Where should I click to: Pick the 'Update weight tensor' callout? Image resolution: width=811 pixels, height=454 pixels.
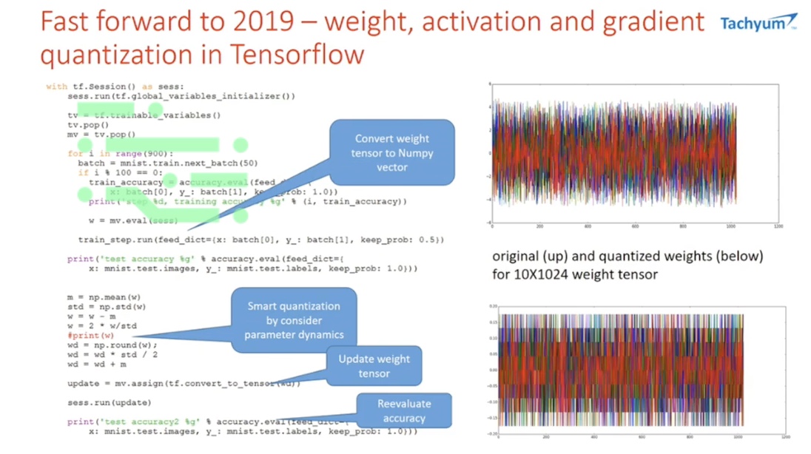pos(374,366)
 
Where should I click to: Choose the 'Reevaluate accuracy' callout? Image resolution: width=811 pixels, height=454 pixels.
pos(404,411)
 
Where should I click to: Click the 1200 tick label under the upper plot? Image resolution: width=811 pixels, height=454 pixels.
pos(775,227)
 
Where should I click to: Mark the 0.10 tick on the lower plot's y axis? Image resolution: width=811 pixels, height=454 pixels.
pos(493,336)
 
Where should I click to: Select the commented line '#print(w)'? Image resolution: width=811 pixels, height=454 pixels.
pos(90,335)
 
